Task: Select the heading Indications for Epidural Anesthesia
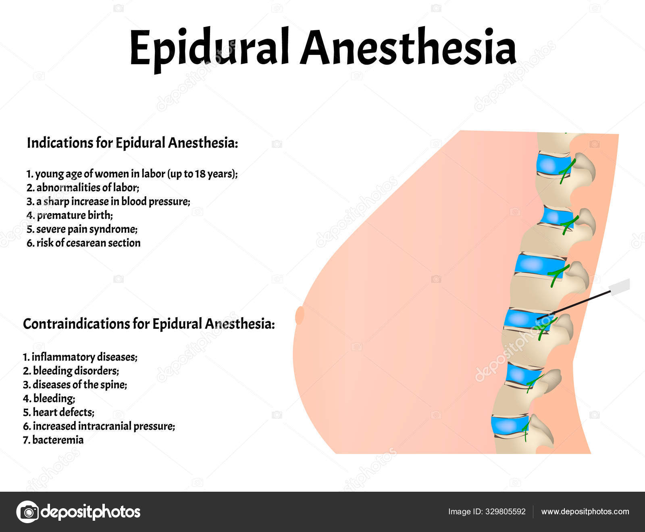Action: tap(132, 143)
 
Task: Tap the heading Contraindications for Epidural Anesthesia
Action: tap(149, 324)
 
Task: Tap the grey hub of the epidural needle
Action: tap(619, 287)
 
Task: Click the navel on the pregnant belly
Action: tap(300, 315)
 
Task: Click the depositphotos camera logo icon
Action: tap(27, 512)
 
